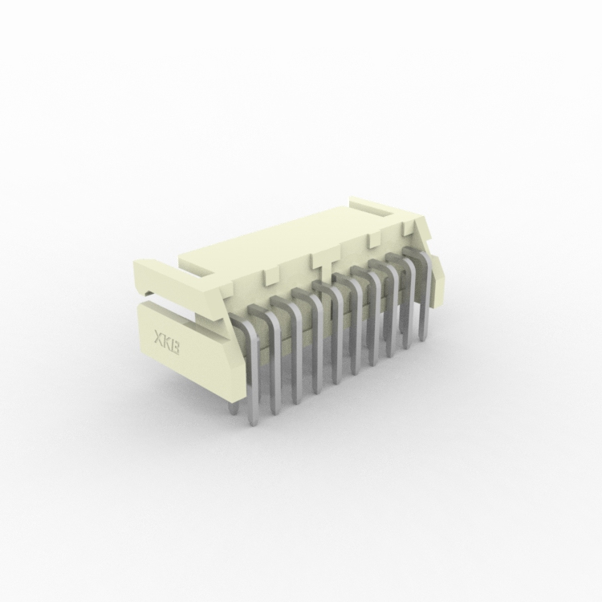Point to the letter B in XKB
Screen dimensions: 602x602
click(x=176, y=348)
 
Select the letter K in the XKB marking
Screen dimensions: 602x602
click(x=166, y=341)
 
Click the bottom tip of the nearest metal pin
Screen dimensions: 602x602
click(x=252, y=425)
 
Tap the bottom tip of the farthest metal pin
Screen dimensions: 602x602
click(x=423, y=339)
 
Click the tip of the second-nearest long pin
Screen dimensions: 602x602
click(x=275, y=413)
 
